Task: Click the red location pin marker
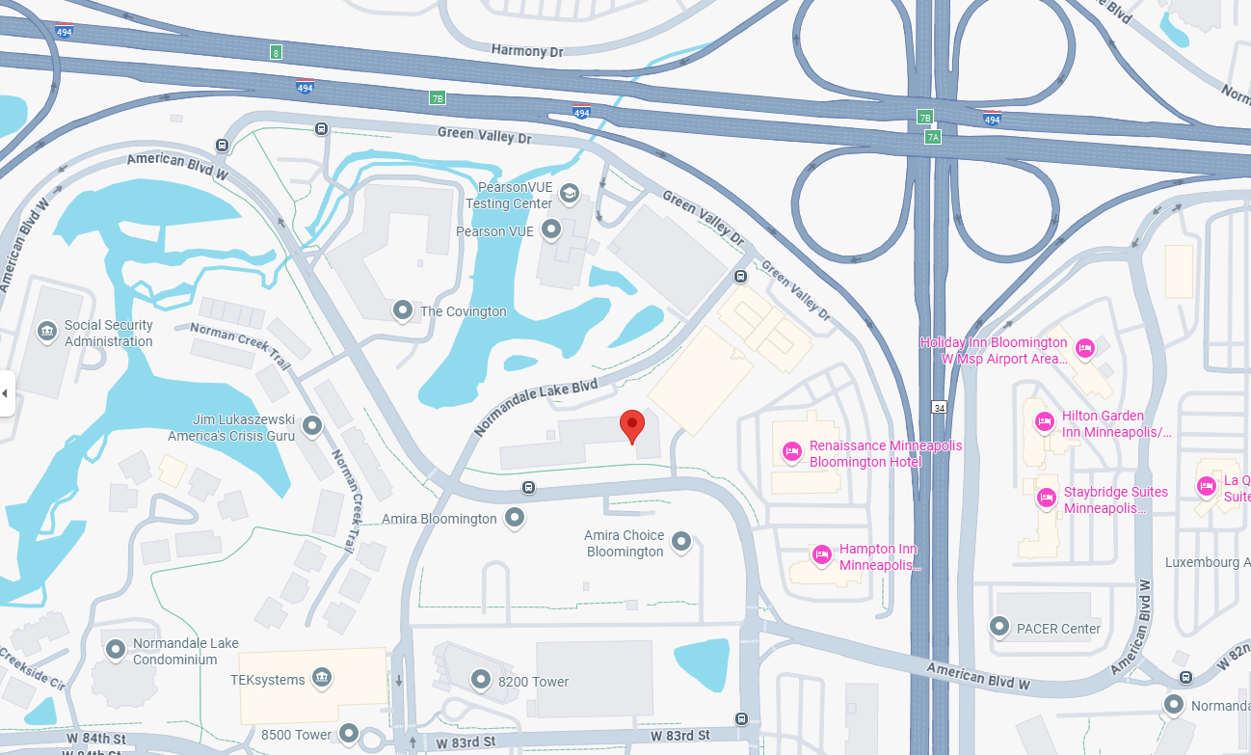click(x=631, y=424)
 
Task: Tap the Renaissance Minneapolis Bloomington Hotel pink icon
click(x=792, y=451)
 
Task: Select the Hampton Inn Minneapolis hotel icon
click(x=821, y=554)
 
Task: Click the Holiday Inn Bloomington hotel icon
click(x=1085, y=348)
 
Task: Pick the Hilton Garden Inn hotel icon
click(x=1044, y=421)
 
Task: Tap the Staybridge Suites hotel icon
click(x=1046, y=498)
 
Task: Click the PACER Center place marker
click(x=999, y=628)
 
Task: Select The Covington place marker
click(x=402, y=310)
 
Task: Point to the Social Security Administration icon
click(x=46, y=333)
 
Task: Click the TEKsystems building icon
click(x=322, y=679)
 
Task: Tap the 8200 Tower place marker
click(x=481, y=681)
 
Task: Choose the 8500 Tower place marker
click(x=349, y=734)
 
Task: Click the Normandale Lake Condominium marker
click(x=116, y=650)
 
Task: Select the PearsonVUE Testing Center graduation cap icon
click(x=570, y=194)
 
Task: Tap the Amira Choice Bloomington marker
click(x=681, y=542)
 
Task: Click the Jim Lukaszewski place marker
click(x=312, y=425)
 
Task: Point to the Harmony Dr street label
click(x=526, y=50)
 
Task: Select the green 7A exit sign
click(x=932, y=137)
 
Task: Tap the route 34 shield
click(x=939, y=408)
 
